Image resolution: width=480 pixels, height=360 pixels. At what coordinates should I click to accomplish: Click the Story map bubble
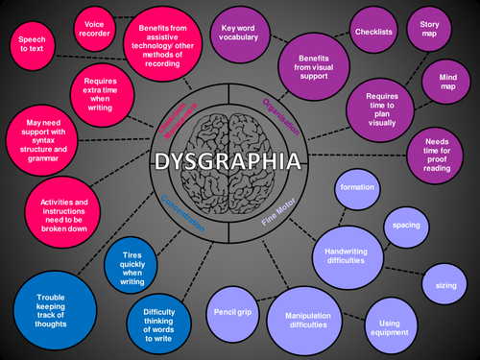pyautogui.click(x=428, y=29)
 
